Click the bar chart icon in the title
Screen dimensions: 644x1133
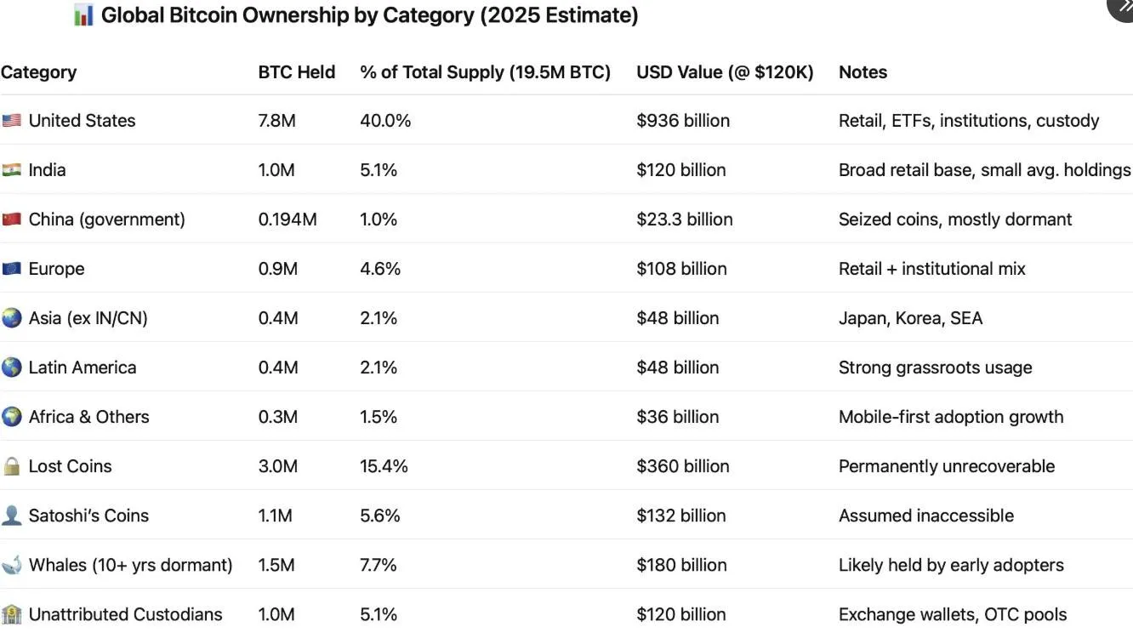(x=83, y=15)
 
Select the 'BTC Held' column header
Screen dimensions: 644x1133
(x=296, y=72)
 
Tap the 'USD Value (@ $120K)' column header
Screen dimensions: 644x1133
(x=725, y=72)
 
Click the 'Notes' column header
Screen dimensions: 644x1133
(x=863, y=72)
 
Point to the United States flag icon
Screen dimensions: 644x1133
(x=12, y=121)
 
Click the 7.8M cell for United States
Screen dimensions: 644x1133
(x=276, y=121)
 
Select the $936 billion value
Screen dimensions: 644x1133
(x=682, y=121)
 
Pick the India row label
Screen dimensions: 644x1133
(x=47, y=170)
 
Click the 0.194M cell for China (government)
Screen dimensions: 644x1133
(x=287, y=219)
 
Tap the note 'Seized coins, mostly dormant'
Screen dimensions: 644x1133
(x=954, y=219)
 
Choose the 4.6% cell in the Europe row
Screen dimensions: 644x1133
(x=379, y=269)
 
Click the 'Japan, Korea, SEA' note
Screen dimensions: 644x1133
(x=910, y=318)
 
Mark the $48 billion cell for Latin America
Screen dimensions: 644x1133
(x=677, y=368)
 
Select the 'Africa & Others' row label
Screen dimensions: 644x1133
(x=88, y=417)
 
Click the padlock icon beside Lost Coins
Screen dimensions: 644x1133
(x=12, y=466)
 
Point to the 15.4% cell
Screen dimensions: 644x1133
(x=384, y=466)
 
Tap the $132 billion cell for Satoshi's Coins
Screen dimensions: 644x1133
(x=680, y=516)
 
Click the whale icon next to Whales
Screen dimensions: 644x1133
(x=12, y=565)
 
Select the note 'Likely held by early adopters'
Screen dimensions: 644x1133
(x=950, y=565)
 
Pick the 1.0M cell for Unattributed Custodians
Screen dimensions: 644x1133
(x=276, y=614)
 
